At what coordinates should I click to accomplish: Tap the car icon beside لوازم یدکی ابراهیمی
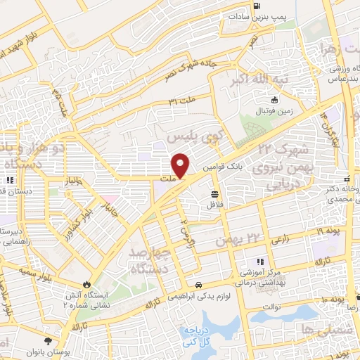click(200, 285)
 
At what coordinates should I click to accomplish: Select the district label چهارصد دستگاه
click(150, 259)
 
